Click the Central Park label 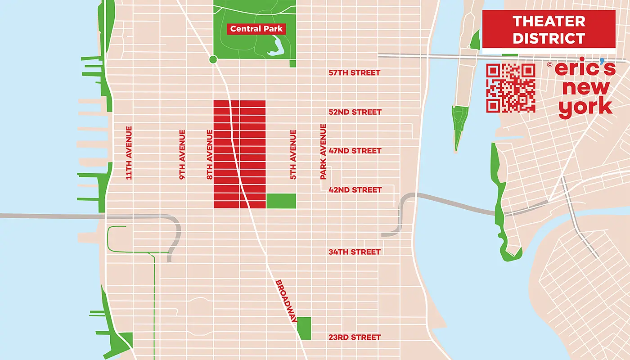(x=256, y=29)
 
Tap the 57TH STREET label (x=354, y=72)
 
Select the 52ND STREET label (x=355, y=112)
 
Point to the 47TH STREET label (x=355, y=151)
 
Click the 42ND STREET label (x=355, y=190)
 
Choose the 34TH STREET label (x=354, y=252)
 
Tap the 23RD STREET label (x=354, y=337)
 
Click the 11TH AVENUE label (x=129, y=153)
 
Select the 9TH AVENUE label (x=182, y=155)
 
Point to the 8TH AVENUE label (x=209, y=155)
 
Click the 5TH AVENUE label (x=293, y=155)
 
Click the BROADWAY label (x=286, y=301)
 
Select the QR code (x=511, y=88)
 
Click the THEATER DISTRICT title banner (x=549, y=29)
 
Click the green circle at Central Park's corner (x=213, y=59)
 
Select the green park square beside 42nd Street (x=281, y=201)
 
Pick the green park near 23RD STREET (x=304, y=328)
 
